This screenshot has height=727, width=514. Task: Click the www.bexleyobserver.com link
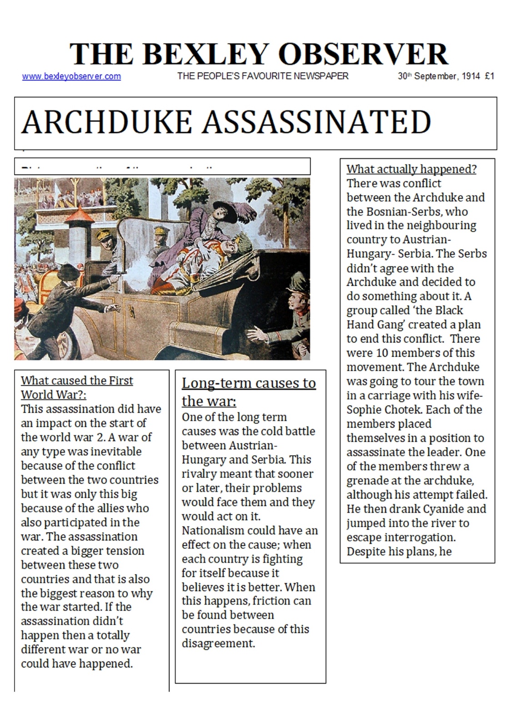click(x=71, y=76)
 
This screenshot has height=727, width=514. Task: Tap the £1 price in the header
click(x=489, y=76)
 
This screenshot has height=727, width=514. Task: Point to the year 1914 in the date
click(x=471, y=76)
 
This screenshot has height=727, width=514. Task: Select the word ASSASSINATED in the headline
click(x=316, y=122)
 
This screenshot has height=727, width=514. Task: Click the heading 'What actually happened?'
click(x=411, y=169)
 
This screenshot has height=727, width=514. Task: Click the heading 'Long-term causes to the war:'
click(x=249, y=392)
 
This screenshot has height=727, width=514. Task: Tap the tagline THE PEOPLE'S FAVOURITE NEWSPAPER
click(x=263, y=76)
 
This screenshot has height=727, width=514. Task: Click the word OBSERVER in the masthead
click(x=363, y=55)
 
